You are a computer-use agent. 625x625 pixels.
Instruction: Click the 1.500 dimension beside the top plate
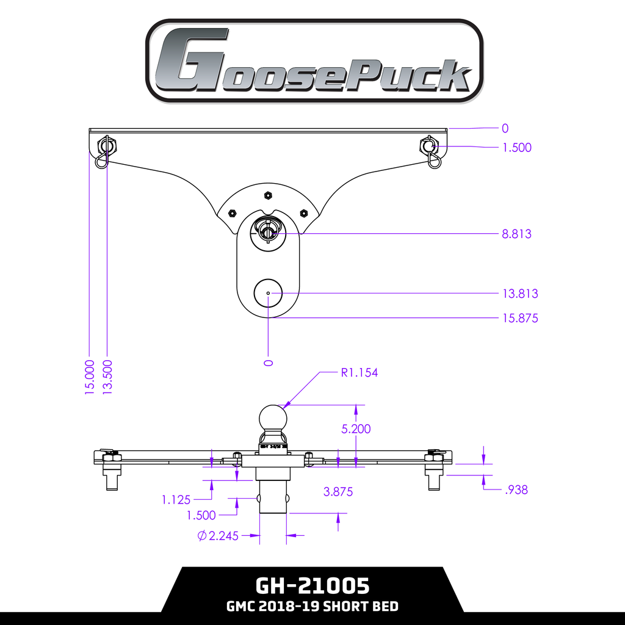[x=516, y=148]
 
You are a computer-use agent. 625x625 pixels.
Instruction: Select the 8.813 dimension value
[x=516, y=234]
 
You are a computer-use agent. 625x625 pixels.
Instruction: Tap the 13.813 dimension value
[x=520, y=294]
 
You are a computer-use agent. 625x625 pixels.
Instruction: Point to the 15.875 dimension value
[x=520, y=318]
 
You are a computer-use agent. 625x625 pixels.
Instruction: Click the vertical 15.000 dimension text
[x=90, y=377]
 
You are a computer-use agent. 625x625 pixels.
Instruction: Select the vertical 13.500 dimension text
[x=107, y=377]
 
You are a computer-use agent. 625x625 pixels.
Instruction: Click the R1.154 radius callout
[x=359, y=372]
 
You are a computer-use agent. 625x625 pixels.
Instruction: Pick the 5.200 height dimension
[x=356, y=429]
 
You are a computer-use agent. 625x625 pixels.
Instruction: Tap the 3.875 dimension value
[x=338, y=491]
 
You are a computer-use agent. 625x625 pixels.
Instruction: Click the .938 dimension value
[x=516, y=490]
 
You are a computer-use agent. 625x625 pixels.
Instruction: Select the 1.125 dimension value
[x=177, y=500]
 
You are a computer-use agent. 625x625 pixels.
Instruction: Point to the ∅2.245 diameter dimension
[x=219, y=536]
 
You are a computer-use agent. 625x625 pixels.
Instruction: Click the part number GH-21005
[x=312, y=586]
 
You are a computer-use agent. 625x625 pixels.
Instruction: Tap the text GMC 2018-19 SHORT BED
[x=312, y=607]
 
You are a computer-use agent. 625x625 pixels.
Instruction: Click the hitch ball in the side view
[x=273, y=418]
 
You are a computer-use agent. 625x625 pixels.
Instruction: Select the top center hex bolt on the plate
[x=267, y=195]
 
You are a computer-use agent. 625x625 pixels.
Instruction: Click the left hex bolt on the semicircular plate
[x=232, y=213]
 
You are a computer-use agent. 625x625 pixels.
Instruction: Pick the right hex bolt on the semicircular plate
[x=303, y=213]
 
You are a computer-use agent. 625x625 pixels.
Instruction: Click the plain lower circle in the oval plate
[x=268, y=294]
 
